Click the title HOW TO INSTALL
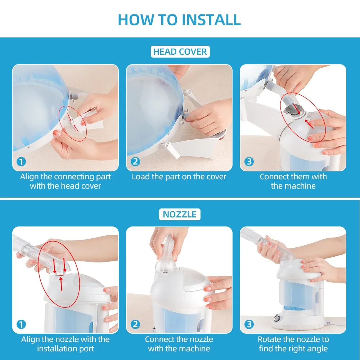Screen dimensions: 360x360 click(x=179, y=19)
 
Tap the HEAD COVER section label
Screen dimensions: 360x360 click(x=180, y=51)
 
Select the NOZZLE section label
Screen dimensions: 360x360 click(x=180, y=214)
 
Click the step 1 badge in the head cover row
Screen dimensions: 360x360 click(x=21, y=162)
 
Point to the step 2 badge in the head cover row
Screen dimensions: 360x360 click(x=135, y=162)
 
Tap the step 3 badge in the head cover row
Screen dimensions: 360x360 click(x=249, y=162)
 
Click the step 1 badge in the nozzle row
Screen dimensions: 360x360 click(x=21, y=324)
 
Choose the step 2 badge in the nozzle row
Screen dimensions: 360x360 click(x=135, y=324)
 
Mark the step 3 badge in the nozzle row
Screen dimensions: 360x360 click(x=249, y=324)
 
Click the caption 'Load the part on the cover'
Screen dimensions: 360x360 click(x=179, y=176)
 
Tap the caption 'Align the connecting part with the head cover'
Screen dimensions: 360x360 click(x=66, y=181)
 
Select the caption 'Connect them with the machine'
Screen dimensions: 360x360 click(x=293, y=181)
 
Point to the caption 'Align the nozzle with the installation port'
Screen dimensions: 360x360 click(x=66, y=344)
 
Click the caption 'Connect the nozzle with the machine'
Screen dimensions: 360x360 click(x=179, y=344)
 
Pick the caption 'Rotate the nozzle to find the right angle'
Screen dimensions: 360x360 click(x=293, y=344)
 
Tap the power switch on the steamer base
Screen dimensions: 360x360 click(x=277, y=319)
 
